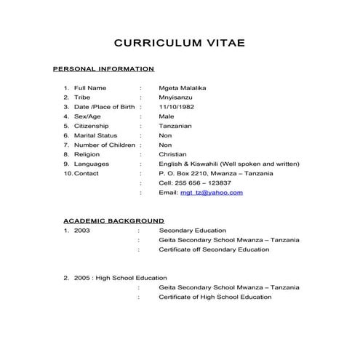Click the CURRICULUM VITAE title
(180, 44)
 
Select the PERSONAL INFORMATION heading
(104, 69)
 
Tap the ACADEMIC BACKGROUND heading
(113, 220)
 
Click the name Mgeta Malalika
(183, 88)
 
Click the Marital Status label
(96, 135)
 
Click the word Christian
(173, 154)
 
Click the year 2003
(82, 231)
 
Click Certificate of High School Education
(215, 297)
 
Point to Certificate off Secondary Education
(214, 249)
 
